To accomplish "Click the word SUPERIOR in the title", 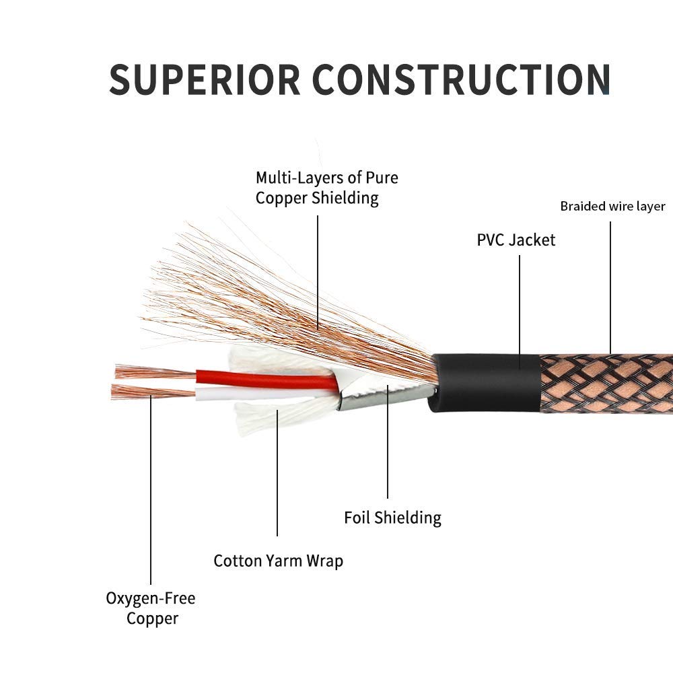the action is (205, 79).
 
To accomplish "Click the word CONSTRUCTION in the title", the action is (460, 79).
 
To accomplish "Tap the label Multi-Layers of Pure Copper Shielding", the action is (326, 188).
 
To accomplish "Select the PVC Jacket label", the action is (516, 240).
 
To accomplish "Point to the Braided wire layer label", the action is (612, 207).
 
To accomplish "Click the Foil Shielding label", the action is (392, 518).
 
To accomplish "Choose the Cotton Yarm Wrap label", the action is (278, 561).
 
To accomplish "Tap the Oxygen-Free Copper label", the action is (151, 608).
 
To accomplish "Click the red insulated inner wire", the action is (266, 378).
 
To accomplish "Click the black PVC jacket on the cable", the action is (485, 382).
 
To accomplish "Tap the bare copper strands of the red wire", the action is (155, 373).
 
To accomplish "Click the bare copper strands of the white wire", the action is (153, 392).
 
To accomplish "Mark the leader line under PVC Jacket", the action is (520, 312).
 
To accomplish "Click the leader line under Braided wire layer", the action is (610, 287).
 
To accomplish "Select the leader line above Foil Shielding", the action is (388, 441).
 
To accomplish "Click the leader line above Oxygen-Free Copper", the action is (151, 490).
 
